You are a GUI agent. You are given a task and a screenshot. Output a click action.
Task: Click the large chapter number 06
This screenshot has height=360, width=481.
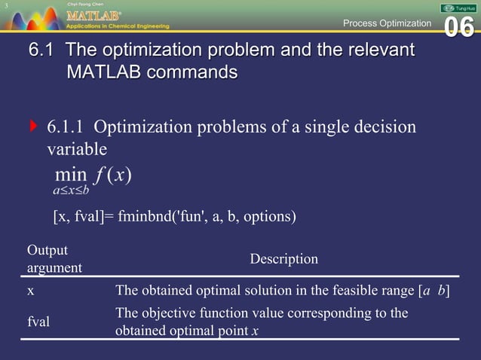coord(459,27)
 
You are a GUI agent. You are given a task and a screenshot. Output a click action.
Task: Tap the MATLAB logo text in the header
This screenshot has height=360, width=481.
coord(91,14)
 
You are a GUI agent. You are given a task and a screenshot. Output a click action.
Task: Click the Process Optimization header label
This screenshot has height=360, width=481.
coord(387,23)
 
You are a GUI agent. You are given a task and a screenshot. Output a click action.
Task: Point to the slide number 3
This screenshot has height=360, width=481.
coord(5,7)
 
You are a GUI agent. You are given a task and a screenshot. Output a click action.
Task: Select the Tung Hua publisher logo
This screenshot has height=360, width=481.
coord(457,7)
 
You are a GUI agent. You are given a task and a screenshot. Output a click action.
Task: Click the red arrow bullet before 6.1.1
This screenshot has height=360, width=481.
coord(32,127)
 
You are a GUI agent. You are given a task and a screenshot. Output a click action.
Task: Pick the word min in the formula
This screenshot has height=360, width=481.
coord(71,175)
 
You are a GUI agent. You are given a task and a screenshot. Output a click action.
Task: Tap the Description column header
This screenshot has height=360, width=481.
coord(283,259)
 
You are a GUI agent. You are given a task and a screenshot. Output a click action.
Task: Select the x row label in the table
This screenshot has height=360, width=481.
coord(30,291)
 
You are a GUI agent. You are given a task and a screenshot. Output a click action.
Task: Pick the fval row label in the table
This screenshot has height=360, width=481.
coord(38,322)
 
